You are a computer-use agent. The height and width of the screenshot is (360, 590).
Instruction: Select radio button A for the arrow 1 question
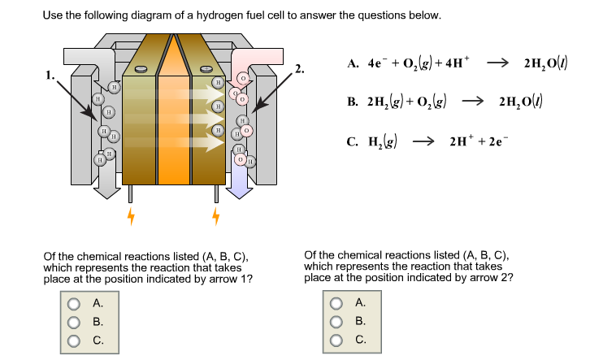[74, 304]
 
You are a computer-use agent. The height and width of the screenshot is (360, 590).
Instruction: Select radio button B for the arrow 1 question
[74, 322]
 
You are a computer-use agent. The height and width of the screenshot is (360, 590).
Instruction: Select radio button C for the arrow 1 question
[74, 340]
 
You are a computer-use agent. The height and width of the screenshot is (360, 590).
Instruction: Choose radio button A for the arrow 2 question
[336, 304]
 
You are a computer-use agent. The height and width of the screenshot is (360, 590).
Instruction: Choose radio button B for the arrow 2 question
[336, 322]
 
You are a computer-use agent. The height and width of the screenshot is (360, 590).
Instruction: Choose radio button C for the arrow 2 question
[336, 340]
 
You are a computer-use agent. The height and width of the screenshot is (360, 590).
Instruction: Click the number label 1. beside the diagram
[51, 76]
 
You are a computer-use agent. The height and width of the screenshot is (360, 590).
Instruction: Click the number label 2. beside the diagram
[301, 68]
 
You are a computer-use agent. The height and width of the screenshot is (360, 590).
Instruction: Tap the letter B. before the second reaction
[352, 103]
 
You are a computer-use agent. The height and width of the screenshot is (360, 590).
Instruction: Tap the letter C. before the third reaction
[352, 142]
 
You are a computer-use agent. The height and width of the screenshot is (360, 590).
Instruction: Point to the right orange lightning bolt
[215, 216]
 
